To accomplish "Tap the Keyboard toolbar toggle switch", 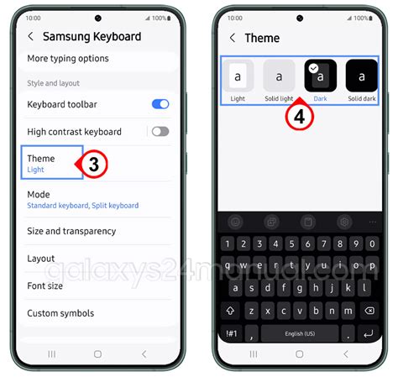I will point(160,104).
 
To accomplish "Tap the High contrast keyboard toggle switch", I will point(160,131).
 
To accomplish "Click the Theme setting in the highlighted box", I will point(50,163).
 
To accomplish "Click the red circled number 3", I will point(93,165).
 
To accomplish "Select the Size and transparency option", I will point(71,231).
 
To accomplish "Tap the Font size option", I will point(45,285).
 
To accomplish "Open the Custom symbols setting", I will point(60,313).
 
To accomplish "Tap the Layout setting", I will point(41,259).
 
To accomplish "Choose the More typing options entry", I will point(67,59).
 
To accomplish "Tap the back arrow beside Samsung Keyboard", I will point(30,37).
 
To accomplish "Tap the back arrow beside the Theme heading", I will point(232,38).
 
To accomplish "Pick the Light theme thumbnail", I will point(238,76).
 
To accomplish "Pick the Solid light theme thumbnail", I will point(279,76).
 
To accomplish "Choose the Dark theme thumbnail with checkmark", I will point(321,76).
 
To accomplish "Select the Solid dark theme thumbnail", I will point(362,76).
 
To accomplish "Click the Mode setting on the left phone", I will point(39,199).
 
